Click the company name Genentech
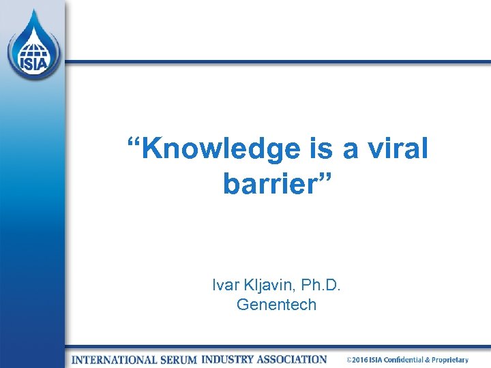pyautogui.click(x=276, y=305)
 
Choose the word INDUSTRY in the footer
pyautogui.click(x=230, y=359)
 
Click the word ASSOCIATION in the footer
pyautogui.click(x=295, y=359)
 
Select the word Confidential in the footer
pyautogui.click(x=406, y=360)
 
